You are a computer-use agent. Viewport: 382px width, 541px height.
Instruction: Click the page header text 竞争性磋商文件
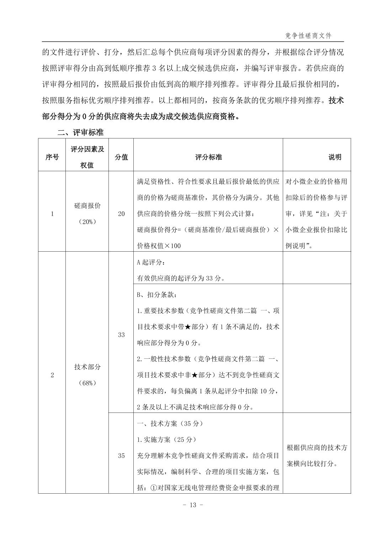308,36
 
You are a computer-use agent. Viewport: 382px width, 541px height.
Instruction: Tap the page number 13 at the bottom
192,504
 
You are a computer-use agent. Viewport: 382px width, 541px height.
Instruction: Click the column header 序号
52,157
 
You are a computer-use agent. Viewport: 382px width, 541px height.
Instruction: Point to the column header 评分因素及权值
87,157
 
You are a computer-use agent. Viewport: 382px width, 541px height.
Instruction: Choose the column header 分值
121,157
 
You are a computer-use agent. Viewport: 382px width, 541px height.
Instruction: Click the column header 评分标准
208,157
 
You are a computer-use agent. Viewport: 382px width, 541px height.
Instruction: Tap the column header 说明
334,157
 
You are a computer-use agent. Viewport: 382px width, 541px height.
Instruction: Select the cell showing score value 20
121,214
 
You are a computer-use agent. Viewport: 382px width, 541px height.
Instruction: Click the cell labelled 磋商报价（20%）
87,214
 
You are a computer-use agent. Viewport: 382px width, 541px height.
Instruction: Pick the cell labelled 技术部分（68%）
87,374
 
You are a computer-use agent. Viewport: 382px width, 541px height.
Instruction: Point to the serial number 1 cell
52,214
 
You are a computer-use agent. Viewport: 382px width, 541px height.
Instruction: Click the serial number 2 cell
52,375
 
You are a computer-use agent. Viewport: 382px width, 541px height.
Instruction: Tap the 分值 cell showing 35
121,456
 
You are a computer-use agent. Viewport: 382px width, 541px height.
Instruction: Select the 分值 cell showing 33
121,335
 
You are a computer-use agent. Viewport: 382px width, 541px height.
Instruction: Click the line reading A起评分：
151,262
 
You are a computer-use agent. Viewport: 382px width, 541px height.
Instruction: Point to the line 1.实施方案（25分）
166,440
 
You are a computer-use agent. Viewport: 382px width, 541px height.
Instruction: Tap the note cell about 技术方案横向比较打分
317,456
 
